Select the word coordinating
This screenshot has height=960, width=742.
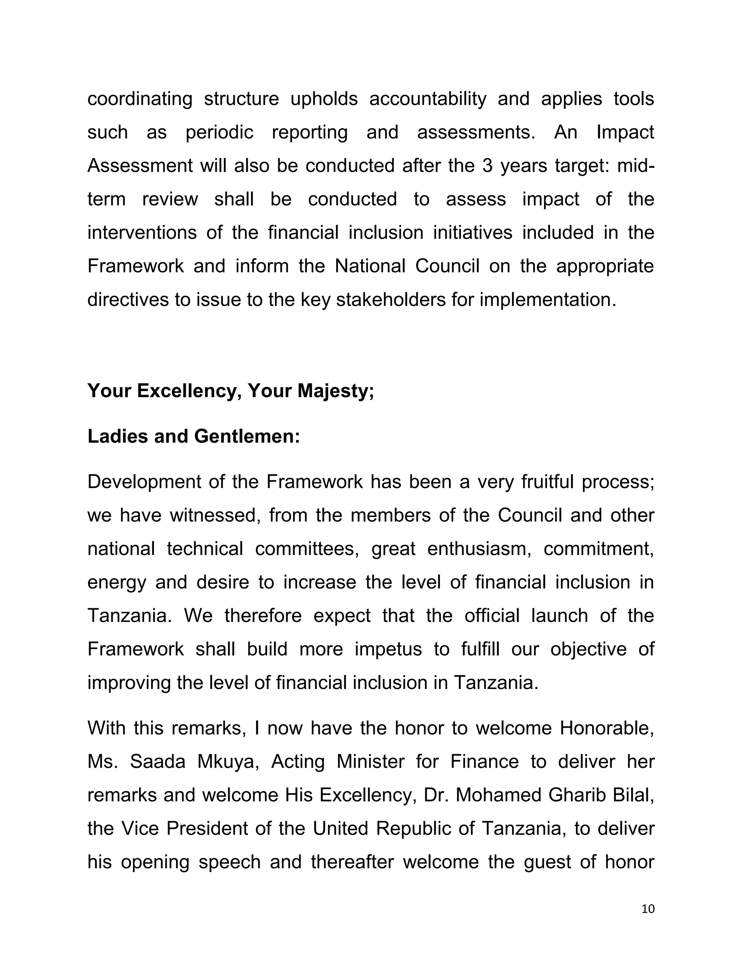pos(140,99)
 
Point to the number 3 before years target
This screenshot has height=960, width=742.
pos(487,166)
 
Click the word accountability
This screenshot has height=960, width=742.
pos(428,99)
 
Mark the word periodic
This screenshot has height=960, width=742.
pos(219,132)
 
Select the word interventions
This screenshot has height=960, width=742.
pos(142,233)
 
